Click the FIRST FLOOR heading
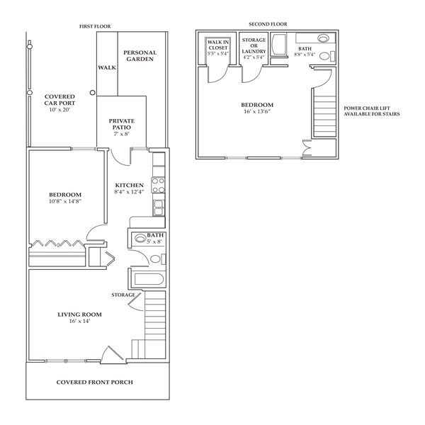[95, 27]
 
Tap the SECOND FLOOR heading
[268, 24]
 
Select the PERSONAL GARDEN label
[140, 56]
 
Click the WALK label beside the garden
[107, 67]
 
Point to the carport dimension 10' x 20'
[59, 110]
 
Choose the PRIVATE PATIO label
[122, 124]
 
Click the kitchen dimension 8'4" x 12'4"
[129, 192]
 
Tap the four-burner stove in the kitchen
[158, 185]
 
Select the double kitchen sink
[159, 208]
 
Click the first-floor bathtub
[149, 279]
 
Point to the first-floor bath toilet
[157, 259]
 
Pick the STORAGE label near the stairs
[123, 295]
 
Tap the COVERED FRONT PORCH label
[95, 382]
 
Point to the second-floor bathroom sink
[323, 38]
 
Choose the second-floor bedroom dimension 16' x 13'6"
[257, 111]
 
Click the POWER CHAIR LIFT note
[372, 111]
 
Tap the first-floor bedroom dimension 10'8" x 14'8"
[65, 201]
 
